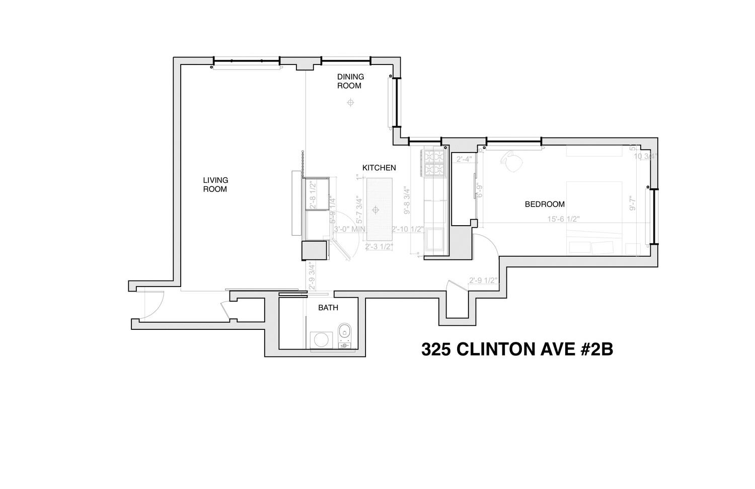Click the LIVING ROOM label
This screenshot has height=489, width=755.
click(x=215, y=184)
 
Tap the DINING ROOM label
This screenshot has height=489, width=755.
click(x=350, y=81)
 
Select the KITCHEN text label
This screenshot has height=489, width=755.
click(x=379, y=168)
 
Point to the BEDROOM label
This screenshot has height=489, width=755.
click(x=545, y=204)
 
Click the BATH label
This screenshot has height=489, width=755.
click(x=328, y=308)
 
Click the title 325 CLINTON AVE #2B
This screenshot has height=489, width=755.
click(x=517, y=350)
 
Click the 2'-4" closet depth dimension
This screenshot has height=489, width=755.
click(x=464, y=159)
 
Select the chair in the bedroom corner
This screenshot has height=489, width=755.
click(x=512, y=162)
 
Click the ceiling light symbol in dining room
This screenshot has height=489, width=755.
click(x=350, y=103)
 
